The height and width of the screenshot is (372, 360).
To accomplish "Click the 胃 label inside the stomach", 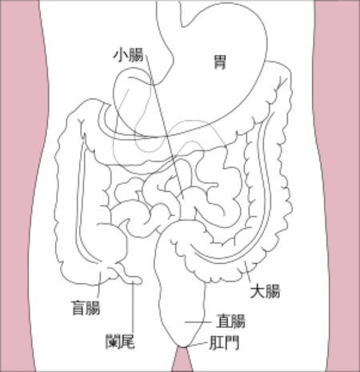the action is [x=220, y=62].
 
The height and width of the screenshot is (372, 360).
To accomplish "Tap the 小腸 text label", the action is [x=129, y=55].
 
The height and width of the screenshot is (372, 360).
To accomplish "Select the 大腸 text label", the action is [x=266, y=291].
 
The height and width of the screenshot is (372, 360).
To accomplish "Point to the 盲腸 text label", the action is [x=86, y=308].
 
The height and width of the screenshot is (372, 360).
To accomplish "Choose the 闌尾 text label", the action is [x=120, y=342].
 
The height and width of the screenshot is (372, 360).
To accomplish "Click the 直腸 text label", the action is [x=231, y=321].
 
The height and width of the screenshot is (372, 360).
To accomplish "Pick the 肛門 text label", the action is [x=224, y=342].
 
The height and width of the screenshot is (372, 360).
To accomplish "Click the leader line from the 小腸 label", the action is [x=165, y=126].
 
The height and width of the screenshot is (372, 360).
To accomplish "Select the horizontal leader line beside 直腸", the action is [x=198, y=322].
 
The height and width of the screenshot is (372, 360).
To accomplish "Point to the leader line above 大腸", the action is [x=248, y=273].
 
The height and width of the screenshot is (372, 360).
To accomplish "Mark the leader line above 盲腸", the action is [x=99, y=285].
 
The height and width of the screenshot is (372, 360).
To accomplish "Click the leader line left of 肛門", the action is [x=197, y=345].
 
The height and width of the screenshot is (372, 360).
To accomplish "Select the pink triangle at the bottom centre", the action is [x=182, y=360].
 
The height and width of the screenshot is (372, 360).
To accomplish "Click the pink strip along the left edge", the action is [x=18, y=186].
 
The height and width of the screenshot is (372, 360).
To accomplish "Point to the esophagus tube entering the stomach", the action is [x=169, y=16].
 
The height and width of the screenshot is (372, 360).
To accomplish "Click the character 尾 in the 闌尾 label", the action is [x=128, y=342].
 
